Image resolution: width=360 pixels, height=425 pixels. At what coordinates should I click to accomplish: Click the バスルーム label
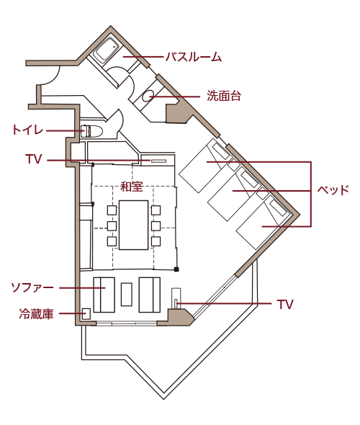pos(194,57)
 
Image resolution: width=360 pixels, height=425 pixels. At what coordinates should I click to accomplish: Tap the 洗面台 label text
pos(224,96)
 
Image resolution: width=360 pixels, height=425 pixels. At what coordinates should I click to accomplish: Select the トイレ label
pos(27,130)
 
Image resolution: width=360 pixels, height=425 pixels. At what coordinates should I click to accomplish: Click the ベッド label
pos(333,190)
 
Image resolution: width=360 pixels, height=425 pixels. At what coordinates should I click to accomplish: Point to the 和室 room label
pos(132,187)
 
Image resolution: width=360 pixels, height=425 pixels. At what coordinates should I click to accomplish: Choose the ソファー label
pos(32,287)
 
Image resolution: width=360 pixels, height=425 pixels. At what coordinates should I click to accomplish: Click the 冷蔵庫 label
pos(36,313)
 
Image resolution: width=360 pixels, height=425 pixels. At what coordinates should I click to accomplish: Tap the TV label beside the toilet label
pos(34,159)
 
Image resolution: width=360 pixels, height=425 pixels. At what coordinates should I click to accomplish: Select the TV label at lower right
pos(285,305)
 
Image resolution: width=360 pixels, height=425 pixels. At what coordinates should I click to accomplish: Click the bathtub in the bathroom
pos(106,50)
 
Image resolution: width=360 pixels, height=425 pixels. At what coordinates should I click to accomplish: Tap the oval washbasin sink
pos(149,96)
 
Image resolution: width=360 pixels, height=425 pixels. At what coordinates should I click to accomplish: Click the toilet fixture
pos(91,130)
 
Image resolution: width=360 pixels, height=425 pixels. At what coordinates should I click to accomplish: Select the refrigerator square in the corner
pos(86,313)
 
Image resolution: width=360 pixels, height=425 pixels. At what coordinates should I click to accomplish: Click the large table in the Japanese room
pos(133,225)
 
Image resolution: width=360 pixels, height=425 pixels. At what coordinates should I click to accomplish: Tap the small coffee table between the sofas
pos(127,295)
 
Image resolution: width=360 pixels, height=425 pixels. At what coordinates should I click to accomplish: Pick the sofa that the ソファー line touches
pos(104,295)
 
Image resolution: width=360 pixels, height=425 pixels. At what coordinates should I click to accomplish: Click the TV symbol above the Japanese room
pos(158,161)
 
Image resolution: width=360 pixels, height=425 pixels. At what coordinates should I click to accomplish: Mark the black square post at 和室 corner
pos(176,269)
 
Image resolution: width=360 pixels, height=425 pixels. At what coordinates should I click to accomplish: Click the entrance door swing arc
pos(53,77)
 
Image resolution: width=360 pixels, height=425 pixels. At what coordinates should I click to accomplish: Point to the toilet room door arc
pos(120,120)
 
